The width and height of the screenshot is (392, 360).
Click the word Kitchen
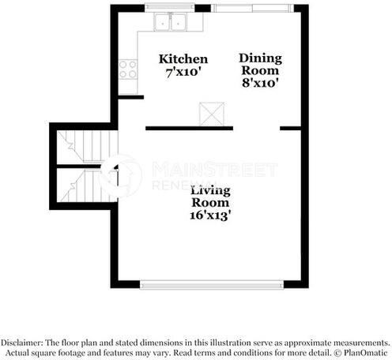pos(183,59)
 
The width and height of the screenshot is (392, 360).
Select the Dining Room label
pos(260,64)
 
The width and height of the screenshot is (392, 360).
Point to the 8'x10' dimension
pos(260,81)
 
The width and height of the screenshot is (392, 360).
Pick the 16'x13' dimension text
pos(211,213)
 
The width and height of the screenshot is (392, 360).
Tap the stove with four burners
pos(126,69)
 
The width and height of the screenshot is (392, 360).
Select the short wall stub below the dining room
pos(289,127)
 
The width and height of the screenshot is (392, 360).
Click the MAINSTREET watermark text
pos(213,170)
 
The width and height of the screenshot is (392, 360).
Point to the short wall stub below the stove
pos(130,97)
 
